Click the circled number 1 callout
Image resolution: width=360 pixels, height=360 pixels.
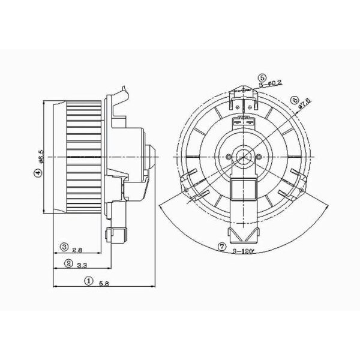(88, 280)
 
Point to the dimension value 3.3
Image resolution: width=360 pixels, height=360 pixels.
(83, 264)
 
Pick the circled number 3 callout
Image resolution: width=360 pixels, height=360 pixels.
(63, 247)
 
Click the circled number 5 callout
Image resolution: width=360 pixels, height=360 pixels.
(262, 77)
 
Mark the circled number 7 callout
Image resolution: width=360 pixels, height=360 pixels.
(221, 246)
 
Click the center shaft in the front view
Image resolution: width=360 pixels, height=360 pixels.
(244, 157)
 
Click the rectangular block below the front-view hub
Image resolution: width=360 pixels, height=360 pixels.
(244, 192)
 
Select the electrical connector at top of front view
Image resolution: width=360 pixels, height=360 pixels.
(244, 119)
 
